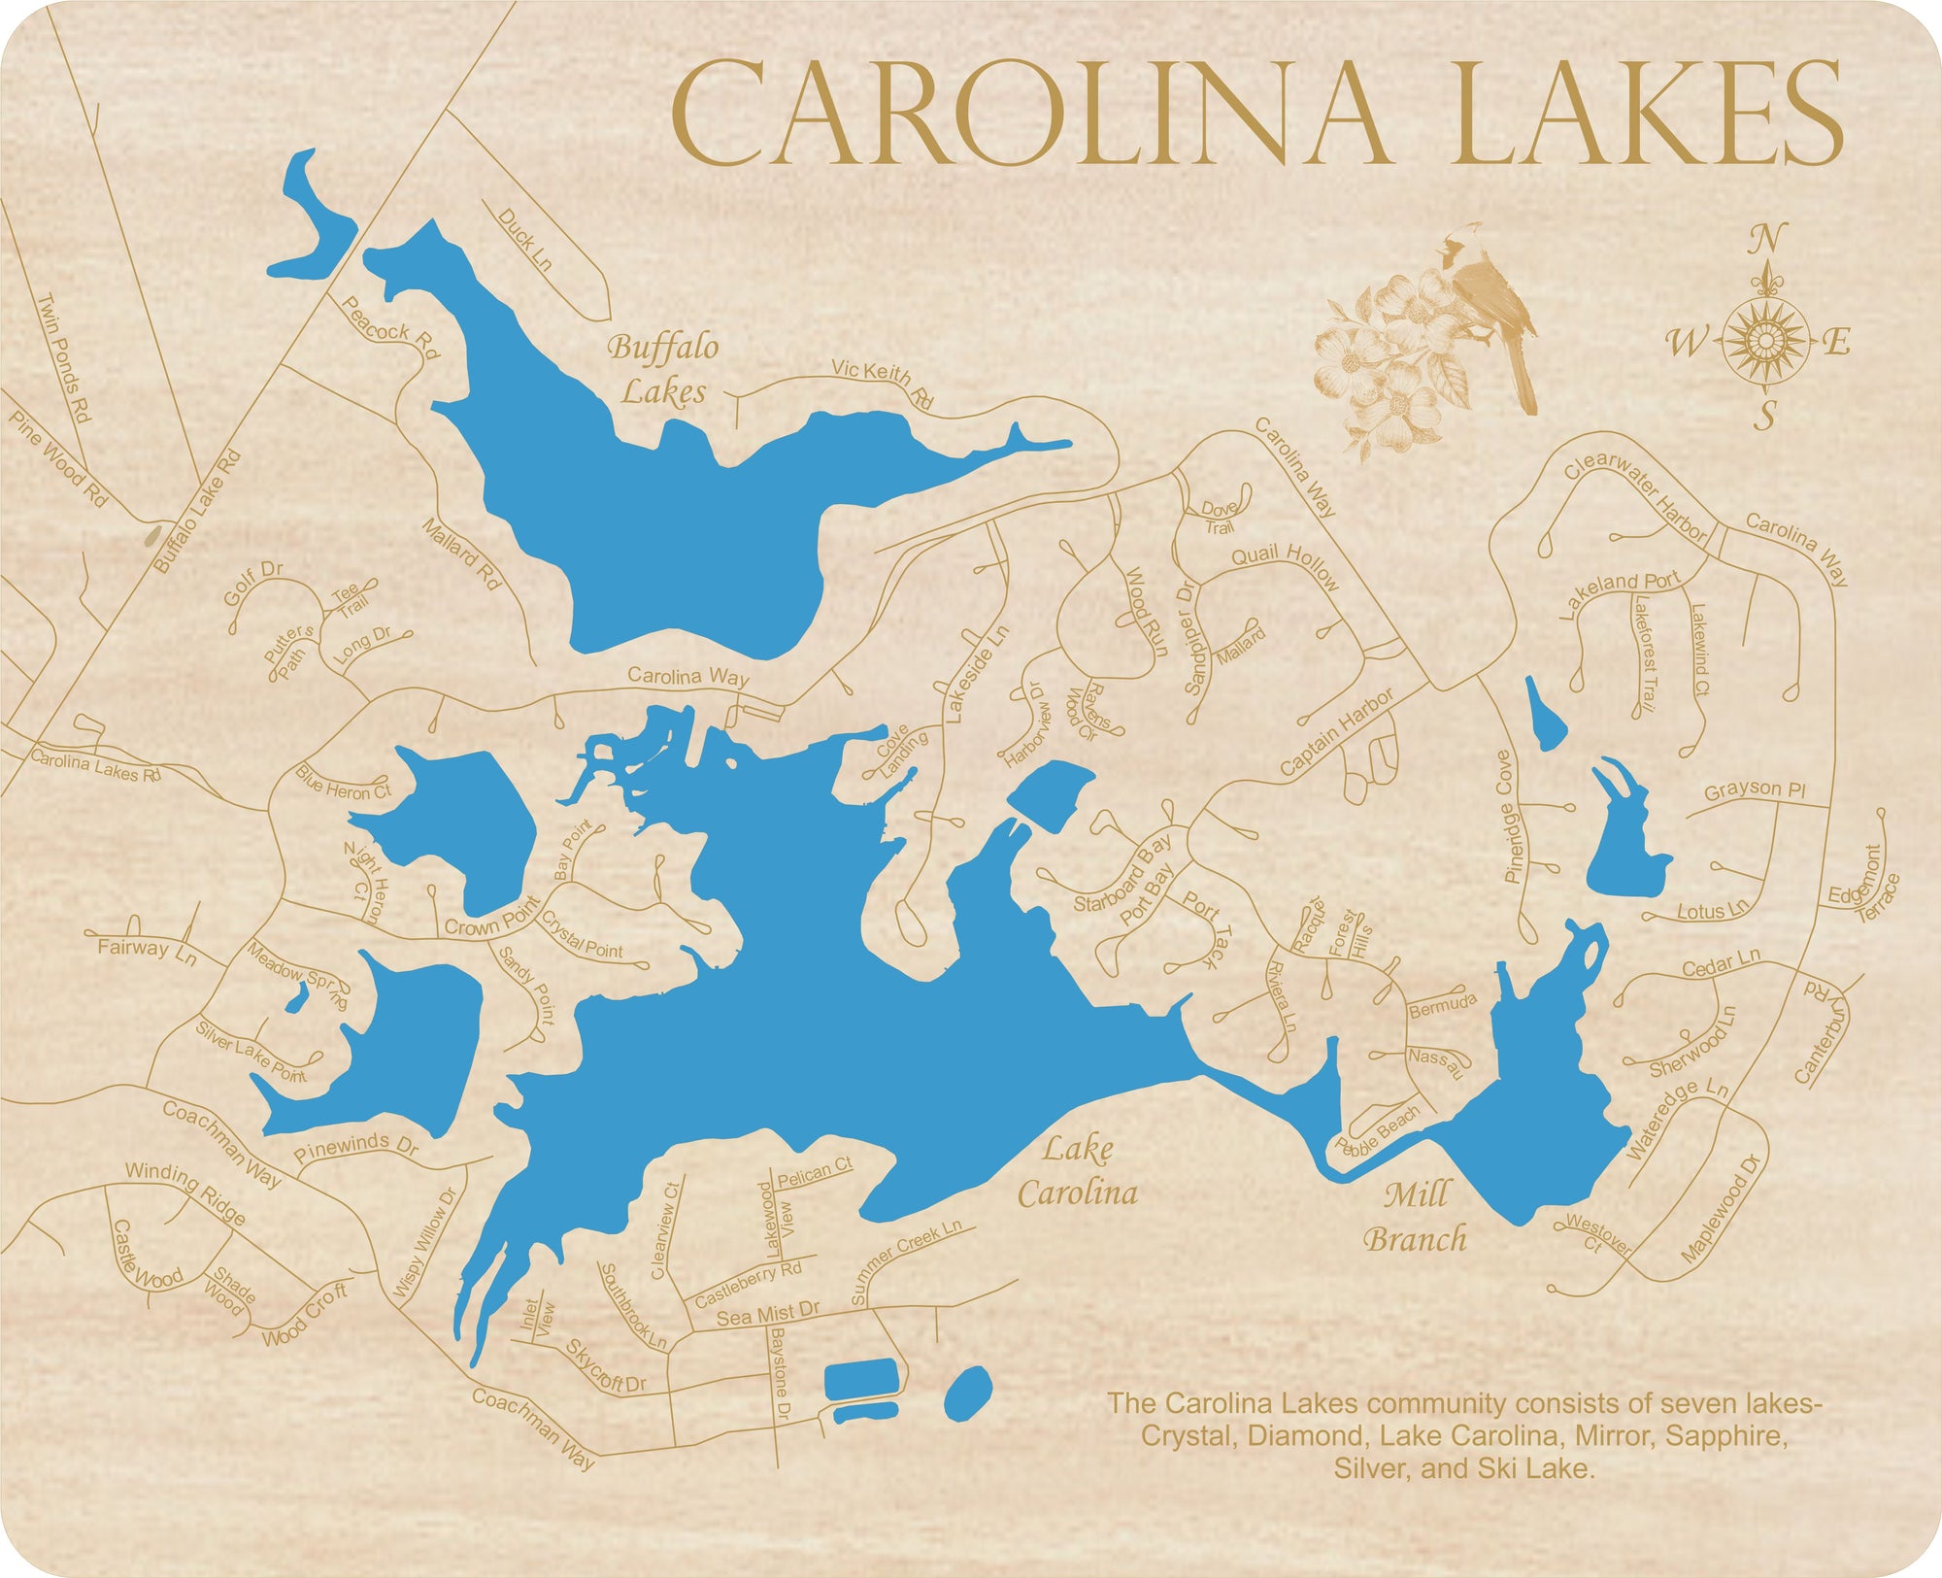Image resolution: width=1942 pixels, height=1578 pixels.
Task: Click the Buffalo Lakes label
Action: [x=664, y=369]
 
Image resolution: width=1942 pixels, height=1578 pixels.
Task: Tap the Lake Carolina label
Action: [x=1078, y=1171]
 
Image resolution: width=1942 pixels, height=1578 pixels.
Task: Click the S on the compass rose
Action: [x=1764, y=416]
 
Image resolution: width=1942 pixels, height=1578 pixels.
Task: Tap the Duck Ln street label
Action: [x=524, y=239]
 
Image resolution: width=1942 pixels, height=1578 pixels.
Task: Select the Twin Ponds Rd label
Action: [x=63, y=356]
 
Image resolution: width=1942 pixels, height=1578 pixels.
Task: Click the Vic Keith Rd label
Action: [x=882, y=383]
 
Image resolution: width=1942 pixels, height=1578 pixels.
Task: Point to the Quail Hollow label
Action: [x=1286, y=566]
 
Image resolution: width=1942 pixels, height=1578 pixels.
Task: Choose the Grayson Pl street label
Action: [x=1755, y=789]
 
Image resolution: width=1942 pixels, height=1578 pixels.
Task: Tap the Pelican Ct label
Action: [x=815, y=1173]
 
